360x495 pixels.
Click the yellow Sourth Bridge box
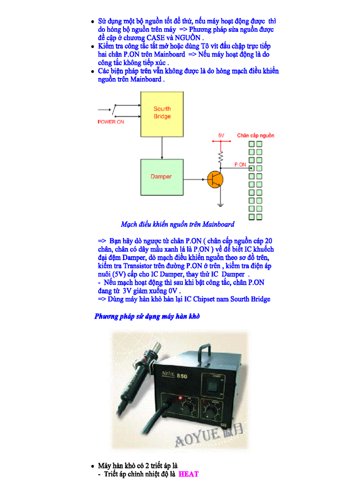[162, 114]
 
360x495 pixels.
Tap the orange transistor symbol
[215, 179]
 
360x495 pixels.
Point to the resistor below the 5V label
[221, 156]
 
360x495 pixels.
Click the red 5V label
[221, 135]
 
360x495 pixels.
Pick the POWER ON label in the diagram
[111, 122]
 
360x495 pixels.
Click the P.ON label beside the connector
[240, 164]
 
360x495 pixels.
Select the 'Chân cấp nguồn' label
[255, 135]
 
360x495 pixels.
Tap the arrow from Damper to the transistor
[195, 179]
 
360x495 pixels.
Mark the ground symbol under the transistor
[221, 204]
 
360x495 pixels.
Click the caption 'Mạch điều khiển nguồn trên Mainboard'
[177, 224]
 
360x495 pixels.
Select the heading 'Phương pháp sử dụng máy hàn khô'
[147, 316]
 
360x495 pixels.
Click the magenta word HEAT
[189, 474]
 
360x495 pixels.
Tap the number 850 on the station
[182, 376]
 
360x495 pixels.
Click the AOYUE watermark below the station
[210, 435]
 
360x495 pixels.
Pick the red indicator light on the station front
[180, 398]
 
